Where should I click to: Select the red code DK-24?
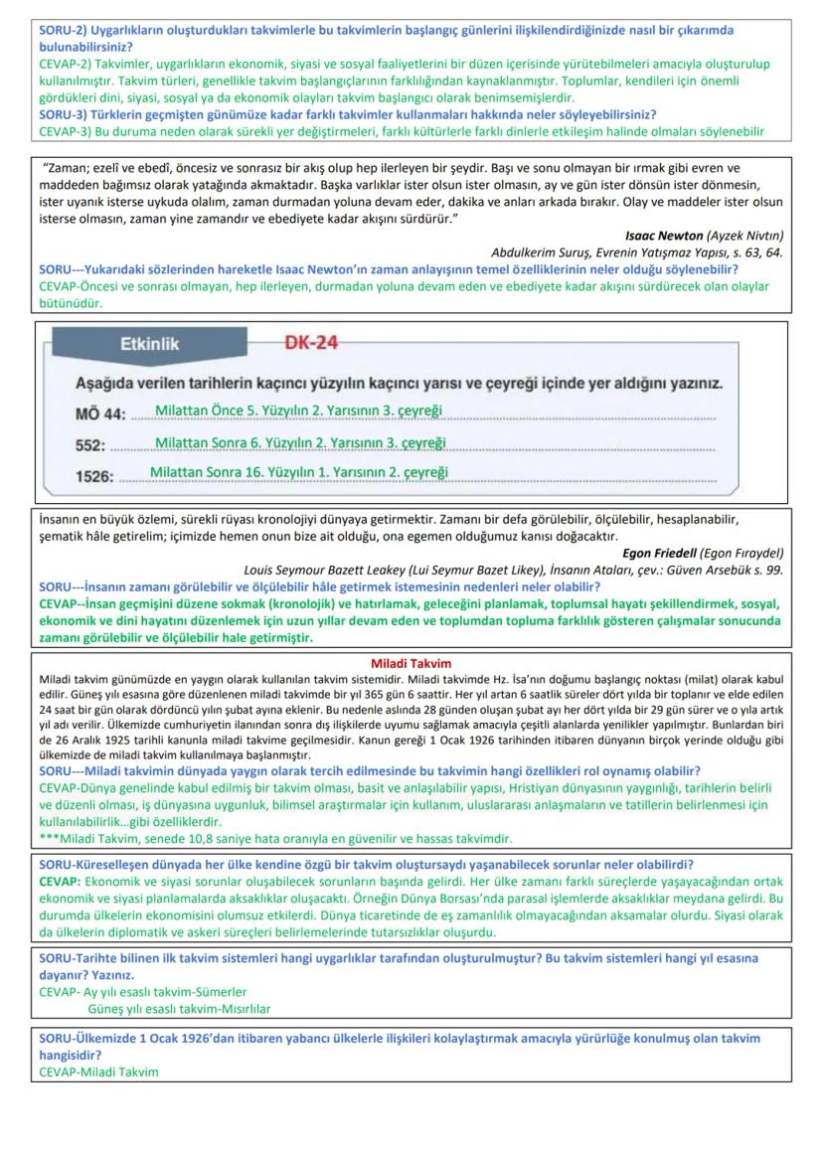(x=312, y=343)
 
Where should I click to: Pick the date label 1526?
(x=94, y=474)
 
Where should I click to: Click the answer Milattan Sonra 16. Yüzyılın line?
(x=299, y=470)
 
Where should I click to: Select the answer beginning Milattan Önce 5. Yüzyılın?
(x=298, y=411)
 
